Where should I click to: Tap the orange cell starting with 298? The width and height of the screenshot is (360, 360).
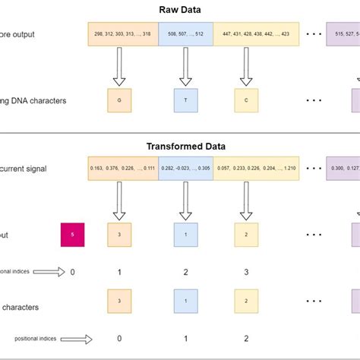[x=122, y=34]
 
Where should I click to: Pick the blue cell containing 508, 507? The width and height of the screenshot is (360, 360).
[x=186, y=34]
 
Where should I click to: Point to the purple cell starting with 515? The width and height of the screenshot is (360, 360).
[x=343, y=34]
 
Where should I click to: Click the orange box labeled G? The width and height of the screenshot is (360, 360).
[x=120, y=99]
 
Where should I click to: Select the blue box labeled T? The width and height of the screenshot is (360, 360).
[x=185, y=99]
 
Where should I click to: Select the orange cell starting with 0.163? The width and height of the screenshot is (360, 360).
[x=122, y=169]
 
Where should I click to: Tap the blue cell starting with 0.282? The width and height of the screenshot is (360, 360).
[x=186, y=169]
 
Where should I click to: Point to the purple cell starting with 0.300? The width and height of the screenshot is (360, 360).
[x=343, y=169]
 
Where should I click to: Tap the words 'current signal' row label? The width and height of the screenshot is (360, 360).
[x=24, y=169]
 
